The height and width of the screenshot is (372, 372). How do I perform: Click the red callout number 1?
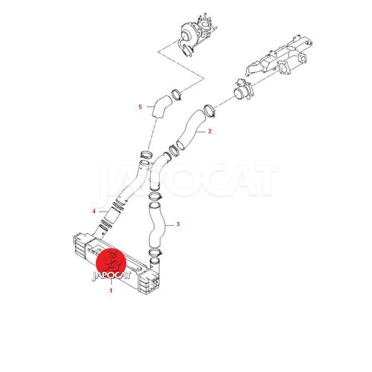pyautogui.click(x=111, y=290)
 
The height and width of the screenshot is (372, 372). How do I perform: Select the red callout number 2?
pyautogui.click(x=210, y=131)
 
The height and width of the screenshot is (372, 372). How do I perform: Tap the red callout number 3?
pyautogui.click(x=178, y=224)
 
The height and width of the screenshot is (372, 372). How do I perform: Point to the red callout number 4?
pyautogui.click(x=94, y=211)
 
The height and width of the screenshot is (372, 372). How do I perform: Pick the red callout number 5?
pyautogui.click(x=140, y=107)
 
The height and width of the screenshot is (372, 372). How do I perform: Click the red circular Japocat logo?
pyautogui.click(x=111, y=264)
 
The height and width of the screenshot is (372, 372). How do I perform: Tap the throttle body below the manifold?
pyautogui.click(x=244, y=91)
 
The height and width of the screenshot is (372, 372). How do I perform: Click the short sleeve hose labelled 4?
pyautogui.click(x=111, y=216)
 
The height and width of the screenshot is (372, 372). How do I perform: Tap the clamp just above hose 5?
pyautogui.click(x=177, y=94)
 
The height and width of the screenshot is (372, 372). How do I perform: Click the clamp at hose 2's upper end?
pyautogui.click(x=209, y=110)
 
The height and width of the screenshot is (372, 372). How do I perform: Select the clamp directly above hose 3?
pyautogui.click(x=155, y=196)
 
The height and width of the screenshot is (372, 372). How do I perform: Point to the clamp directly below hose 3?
pyautogui.click(x=155, y=252)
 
